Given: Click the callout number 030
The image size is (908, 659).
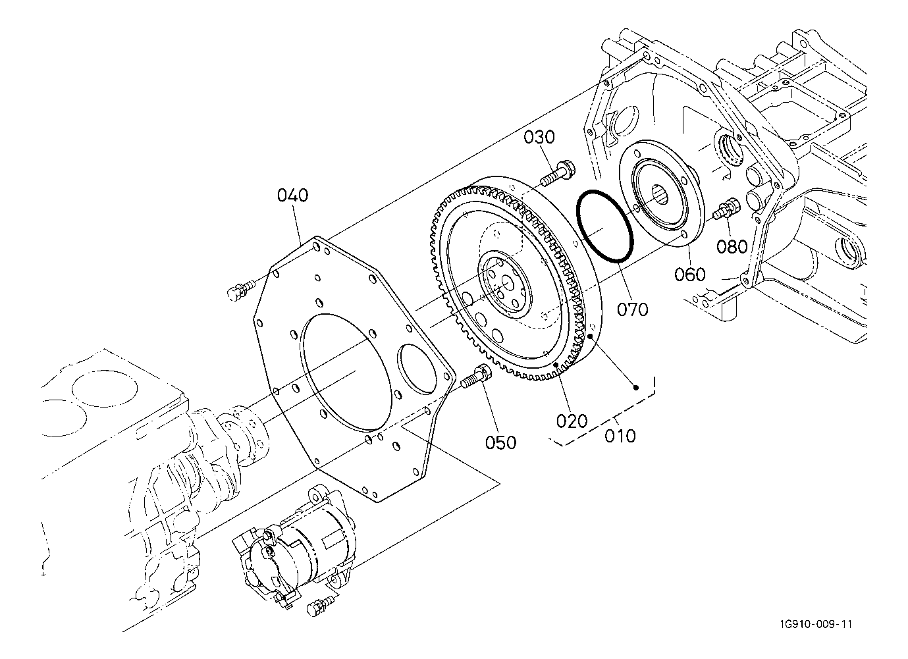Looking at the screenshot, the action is pos(539,138).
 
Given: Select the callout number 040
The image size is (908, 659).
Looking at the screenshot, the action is pos(292,196).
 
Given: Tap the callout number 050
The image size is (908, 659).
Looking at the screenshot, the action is pos(500,442).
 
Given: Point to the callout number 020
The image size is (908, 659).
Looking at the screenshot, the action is pos(572,421).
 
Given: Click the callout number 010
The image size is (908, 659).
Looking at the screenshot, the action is pos(620,436).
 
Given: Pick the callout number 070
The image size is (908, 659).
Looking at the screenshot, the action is pos(632,309).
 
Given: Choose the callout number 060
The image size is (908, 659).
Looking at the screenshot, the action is pos(689,275).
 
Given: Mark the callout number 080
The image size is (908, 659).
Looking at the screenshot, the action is pos(732,246).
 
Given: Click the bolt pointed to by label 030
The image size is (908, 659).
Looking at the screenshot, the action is pos(554,173).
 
